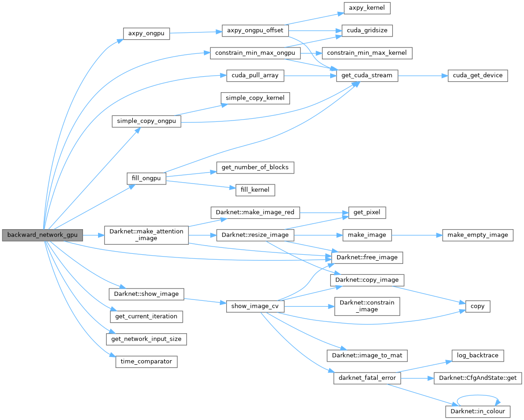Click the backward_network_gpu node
click(42, 236)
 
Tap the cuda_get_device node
click(477, 75)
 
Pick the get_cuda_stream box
click(367, 75)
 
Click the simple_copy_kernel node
click(255, 98)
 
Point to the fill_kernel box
click(255, 189)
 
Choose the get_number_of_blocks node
click(255, 168)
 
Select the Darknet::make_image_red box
click(255, 212)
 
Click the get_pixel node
click(367, 212)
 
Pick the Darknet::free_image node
click(367, 257)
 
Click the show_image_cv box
click(255, 306)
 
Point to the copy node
click(477, 306)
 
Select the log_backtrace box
click(477, 356)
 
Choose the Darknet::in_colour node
click(477, 411)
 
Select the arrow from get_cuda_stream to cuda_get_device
click(422, 75)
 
